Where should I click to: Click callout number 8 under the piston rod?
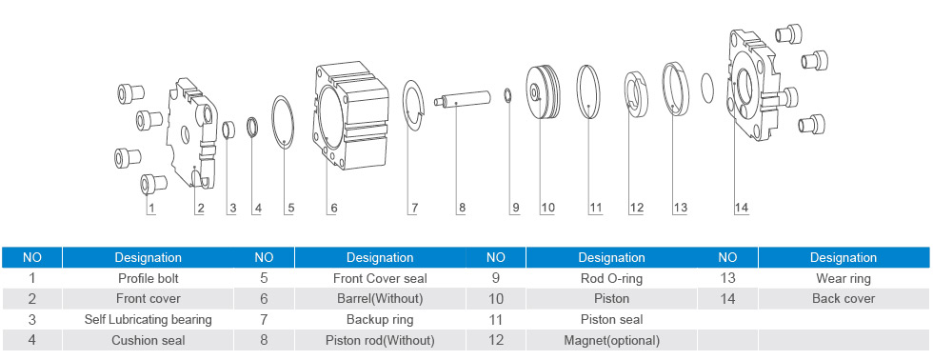click(x=462, y=208)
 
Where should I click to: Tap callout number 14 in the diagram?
click(x=741, y=208)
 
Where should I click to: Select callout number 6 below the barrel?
click(x=334, y=208)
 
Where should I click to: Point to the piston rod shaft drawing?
click(x=462, y=99)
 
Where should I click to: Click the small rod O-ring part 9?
click(x=506, y=95)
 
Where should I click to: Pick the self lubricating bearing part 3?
click(x=228, y=129)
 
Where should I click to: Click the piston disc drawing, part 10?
click(x=543, y=91)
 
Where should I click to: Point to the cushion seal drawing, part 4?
click(x=253, y=128)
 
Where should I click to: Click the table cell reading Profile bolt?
click(x=149, y=278)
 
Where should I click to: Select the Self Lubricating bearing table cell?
click(x=149, y=320)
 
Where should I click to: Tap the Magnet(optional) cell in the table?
click(x=611, y=341)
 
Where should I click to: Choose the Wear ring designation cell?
click(x=844, y=278)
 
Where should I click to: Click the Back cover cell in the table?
click(x=844, y=299)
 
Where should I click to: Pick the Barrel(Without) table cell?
click(x=380, y=299)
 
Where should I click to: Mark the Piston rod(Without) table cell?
click(x=380, y=341)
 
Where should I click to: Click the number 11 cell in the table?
click(x=496, y=320)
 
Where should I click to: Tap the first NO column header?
click(x=32, y=258)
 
